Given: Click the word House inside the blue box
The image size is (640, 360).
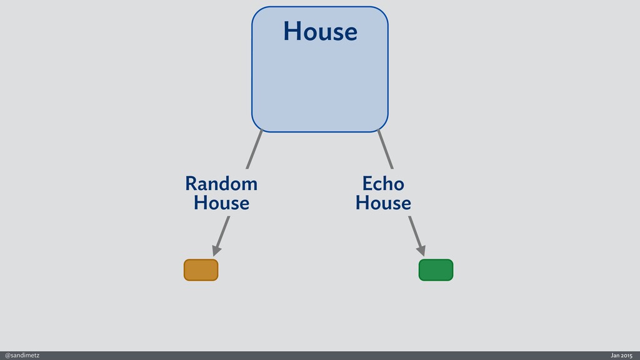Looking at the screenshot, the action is coord(320,31).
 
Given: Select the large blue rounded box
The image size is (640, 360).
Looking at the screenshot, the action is coord(320,81).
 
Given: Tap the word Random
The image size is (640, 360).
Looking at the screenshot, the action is coord(221,184).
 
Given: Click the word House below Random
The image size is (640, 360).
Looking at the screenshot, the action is coord(221,203).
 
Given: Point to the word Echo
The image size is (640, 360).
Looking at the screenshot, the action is coord(383,184).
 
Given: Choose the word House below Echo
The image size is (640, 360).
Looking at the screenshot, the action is coord(383,203).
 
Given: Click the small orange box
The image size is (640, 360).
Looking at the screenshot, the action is coord(201,270).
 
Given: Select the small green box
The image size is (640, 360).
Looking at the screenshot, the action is coord(436,270).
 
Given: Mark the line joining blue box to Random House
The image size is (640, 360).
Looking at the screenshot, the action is coord(254,149).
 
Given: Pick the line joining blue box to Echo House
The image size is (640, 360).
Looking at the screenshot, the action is coord(386,149).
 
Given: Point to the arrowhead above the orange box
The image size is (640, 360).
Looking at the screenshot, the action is coord(216,250).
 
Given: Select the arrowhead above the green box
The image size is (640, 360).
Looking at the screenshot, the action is coord(421,250).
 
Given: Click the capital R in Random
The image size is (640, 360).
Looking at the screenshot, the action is coord(191,184).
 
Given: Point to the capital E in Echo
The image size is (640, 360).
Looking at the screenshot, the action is coord(367,184).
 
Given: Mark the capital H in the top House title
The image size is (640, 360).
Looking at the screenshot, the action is coord(291,31).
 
